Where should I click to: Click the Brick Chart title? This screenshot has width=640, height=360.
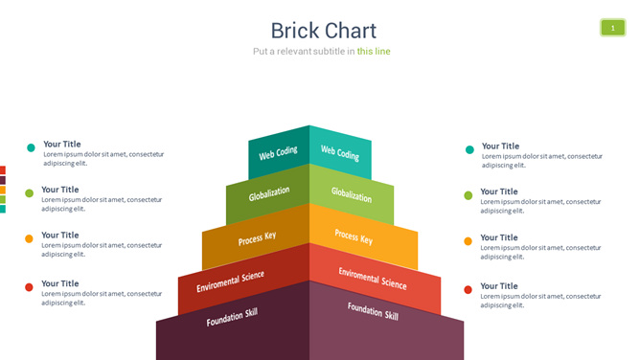tap(323, 31)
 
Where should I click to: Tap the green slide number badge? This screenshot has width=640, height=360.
tap(612, 28)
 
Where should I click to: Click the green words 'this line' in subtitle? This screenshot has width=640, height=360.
tap(374, 52)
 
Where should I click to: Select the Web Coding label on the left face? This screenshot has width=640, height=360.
tap(278, 153)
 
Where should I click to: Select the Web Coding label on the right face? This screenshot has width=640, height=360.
tap(340, 152)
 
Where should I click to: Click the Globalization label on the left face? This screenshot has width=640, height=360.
tap(269, 193)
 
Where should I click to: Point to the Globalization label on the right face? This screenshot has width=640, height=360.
tap(352, 194)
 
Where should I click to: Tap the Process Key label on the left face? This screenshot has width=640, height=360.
tap(257, 238)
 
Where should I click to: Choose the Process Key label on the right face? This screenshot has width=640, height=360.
tap(354, 236)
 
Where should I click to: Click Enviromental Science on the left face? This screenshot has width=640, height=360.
tap(230, 281)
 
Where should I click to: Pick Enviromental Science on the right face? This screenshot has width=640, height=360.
tap(373, 279)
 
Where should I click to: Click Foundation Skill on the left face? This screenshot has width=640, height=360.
tap(232, 317)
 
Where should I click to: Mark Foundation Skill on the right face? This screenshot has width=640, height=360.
tap(373, 311)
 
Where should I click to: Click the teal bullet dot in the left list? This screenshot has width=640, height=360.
tap(31, 147)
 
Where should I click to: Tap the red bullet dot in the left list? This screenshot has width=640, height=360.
tap(29, 287)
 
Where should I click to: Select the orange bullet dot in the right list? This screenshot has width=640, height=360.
tap(469, 241)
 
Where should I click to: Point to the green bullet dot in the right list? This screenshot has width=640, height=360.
tap(469, 195)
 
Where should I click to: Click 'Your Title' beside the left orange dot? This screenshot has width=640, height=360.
tap(60, 235)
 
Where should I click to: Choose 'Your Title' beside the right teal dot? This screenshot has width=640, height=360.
tap(500, 146)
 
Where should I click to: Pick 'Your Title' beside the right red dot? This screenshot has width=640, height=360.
tap(499, 286)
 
